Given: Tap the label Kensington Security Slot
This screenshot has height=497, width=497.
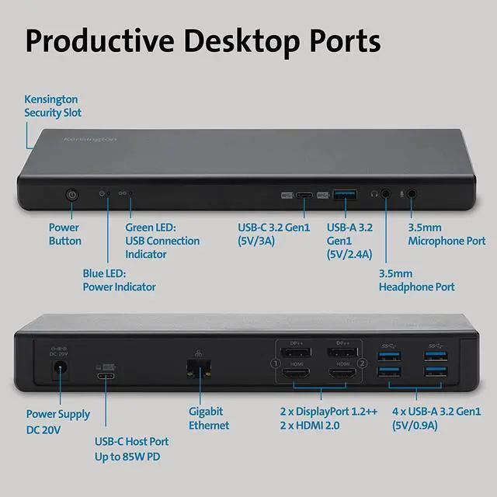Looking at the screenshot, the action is [x=53, y=106].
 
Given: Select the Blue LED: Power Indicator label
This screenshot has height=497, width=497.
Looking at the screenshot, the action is [x=119, y=280].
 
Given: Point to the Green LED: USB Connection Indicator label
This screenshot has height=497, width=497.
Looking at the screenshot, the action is [x=162, y=241].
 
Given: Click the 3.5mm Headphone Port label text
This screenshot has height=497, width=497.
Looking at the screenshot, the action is [x=416, y=280].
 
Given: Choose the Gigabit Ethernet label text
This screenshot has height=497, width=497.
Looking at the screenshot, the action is [x=209, y=418].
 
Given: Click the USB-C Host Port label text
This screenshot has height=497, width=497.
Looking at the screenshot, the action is [x=131, y=449].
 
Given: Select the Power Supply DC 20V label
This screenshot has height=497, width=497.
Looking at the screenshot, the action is [x=58, y=422].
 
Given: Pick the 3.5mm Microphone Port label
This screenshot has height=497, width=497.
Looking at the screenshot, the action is [x=447, y=235].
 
